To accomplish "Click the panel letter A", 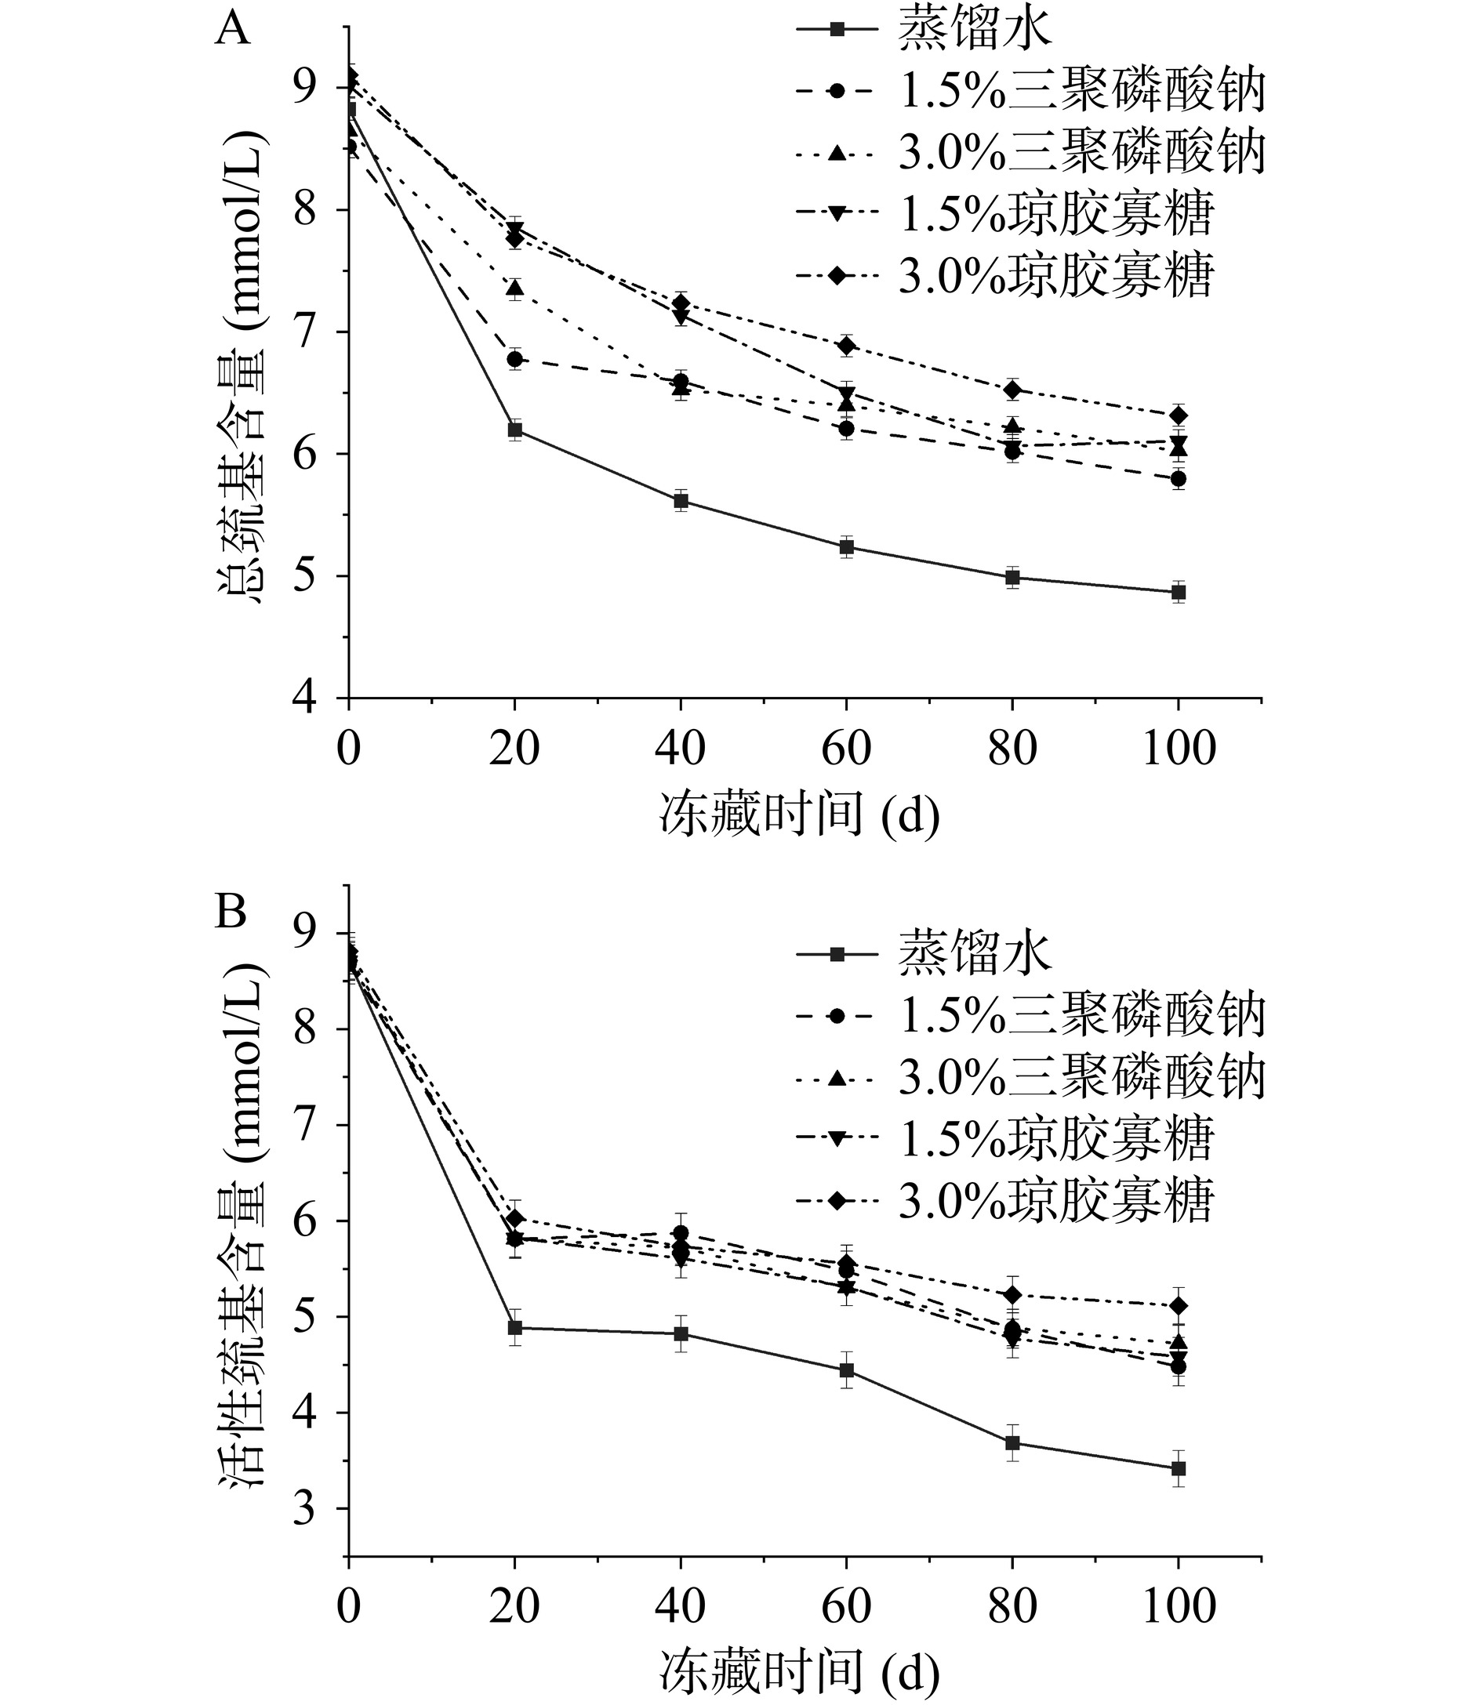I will click(x=231, y=30).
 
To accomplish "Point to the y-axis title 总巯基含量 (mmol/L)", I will click(x=243, y=367).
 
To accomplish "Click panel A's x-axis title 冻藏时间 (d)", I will click(x=799, y=814).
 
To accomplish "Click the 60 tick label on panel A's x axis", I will click(x=846, y=749).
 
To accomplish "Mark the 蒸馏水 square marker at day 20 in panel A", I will click(x=514, y=429).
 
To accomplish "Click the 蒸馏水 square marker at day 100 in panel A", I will click(x=1179, y=592).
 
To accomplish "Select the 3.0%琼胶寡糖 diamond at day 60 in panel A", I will click(x=846, y=345).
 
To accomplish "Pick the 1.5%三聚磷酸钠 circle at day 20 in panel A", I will click(x=514, y=359).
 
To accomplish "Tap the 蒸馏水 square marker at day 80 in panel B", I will click(x=1012, y=1443).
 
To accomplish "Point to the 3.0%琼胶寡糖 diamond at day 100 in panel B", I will click(x=1179, y=1306).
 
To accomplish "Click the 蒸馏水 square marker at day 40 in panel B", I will click(x=681, y=1333).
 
